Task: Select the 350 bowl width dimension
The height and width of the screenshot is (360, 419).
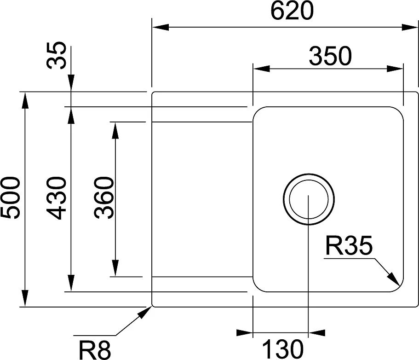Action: point(330,56)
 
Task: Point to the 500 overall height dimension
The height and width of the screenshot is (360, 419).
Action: point(11,198)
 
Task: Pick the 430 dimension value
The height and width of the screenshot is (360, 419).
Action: point(58,198)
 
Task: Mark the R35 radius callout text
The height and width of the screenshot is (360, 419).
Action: point(348,247)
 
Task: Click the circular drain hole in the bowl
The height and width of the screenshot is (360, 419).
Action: point(308,199)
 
